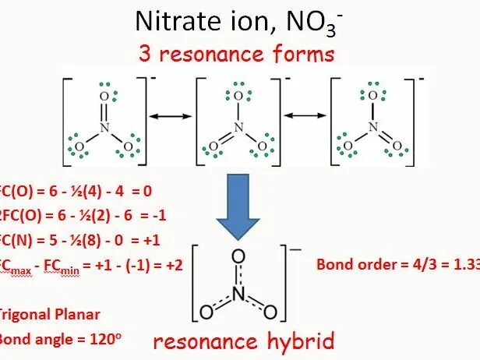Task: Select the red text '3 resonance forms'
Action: [x=236, y=55]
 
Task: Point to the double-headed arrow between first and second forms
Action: [x=170, y=116]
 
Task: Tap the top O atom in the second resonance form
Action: [x=238, y=96]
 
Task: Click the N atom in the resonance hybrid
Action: [x=238, y=288]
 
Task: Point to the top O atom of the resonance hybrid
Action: [x=238, y=256]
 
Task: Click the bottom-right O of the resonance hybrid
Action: [x=270, y=312]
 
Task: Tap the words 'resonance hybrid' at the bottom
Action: [x=243, y=341]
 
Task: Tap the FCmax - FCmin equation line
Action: [x=91, y=265]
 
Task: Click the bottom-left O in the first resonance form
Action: [x=78, y=146]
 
